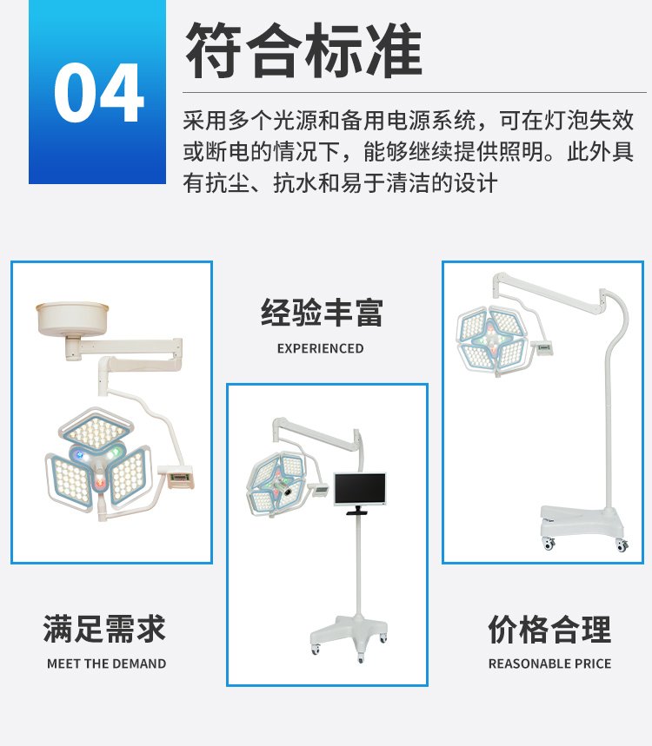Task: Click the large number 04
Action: click(98, 93)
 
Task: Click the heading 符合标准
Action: click(303, 50)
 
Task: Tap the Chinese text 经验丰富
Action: click(322, 313)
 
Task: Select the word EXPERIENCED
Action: click(320, 348)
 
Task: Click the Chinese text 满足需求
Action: click(104, 629)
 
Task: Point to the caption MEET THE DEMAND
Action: click(107, 663)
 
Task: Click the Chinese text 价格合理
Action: click(549, 629)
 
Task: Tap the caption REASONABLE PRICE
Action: click(549, 663)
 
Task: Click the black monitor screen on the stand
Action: click(360, 489)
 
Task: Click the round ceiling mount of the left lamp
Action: click(72, 318)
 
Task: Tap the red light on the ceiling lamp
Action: click(100, 484)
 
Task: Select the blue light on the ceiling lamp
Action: click(80, 455)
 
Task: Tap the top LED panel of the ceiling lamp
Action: click(96, 429)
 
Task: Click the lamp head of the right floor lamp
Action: click(491, 340)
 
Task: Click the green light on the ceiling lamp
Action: click(112, 454)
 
